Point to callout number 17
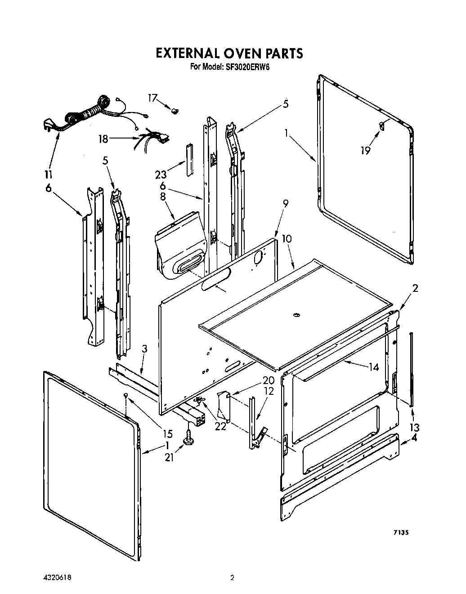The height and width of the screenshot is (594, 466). click(x=153, y=98)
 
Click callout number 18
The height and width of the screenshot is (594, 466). click(x=103, y=139)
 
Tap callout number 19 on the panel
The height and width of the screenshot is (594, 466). click(x=365, y=150)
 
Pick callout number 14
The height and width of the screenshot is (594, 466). click(x=374, y=367)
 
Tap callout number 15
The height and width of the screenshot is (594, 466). click(x=167, y=434)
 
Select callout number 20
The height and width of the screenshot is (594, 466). click(x=256, y=380)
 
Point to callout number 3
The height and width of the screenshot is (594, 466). click(x=144, y=348)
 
